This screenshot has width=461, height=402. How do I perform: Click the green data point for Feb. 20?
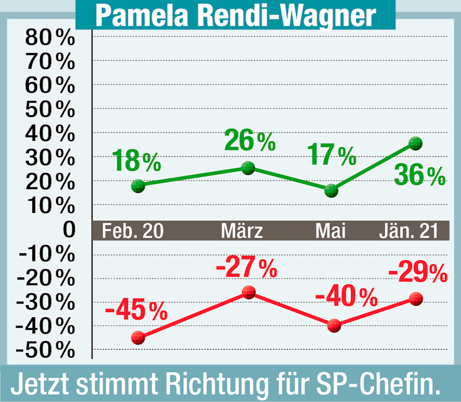[138, 186]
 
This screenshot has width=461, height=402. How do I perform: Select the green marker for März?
[248, 168]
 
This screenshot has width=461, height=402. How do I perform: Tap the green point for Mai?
[331, 190]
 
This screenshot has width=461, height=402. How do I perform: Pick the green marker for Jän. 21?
[415, 144]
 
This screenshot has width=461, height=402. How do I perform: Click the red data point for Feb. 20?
[138, 337]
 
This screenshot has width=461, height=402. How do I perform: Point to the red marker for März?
[248, 292]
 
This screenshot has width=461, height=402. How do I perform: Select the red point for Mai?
[334, 325]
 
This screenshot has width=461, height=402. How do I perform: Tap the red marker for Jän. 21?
[415, 299]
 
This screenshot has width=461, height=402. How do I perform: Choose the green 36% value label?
[420, 175]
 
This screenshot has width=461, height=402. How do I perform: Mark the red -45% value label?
[136, 311]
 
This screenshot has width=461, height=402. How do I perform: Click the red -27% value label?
[246, 267]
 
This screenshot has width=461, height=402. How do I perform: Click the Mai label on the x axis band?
[330, 231]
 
